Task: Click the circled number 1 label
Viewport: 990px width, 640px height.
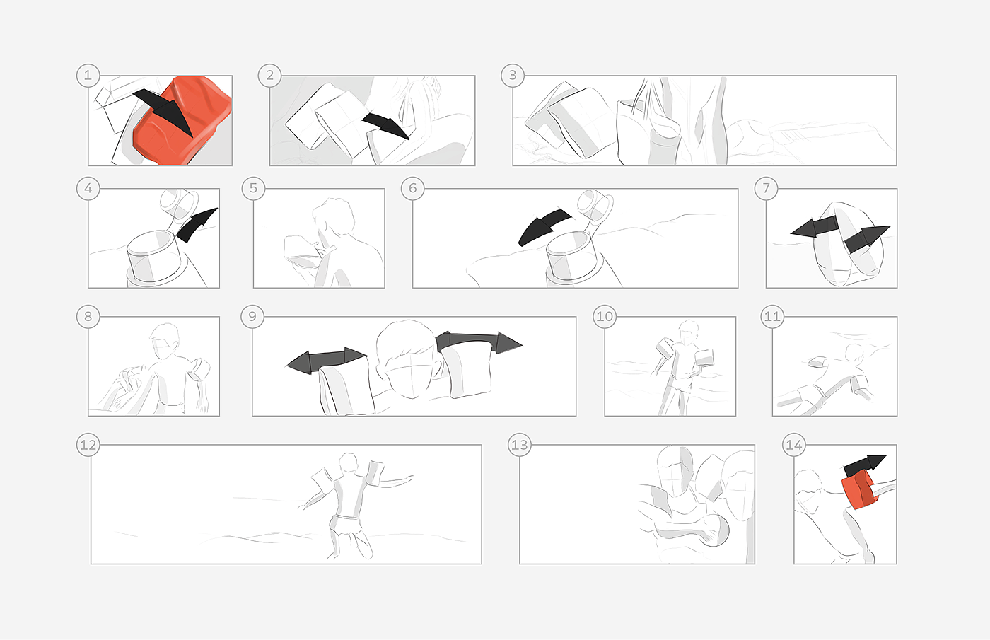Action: pyautogui.click(x=88, y=75)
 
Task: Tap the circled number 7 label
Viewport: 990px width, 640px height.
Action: pyautogui.click(x=766, y=188)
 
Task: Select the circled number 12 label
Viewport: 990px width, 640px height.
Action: pyautogui.click(x=88, y=444)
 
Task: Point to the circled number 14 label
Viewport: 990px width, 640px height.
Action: pyautogui.click(x=793, y=444)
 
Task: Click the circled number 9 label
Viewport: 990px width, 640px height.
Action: pyautogui.click(x=252, y=317)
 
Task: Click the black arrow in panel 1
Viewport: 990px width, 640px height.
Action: pyautogui.click(x=165, y=110)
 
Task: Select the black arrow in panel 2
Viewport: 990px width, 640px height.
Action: pyautogui.click(x=385, y=124)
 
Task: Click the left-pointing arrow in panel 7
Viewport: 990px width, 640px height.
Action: pyautogui.click(x=815, y=227)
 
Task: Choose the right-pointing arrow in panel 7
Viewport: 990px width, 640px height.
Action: pyautogui.click(x=866, y=239)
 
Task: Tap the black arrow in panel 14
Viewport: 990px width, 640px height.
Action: pyautogui.click(x=865, y=465)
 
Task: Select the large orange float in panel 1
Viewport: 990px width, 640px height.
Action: pyautogui.click(x=182, y=122)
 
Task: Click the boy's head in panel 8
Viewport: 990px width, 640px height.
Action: pyautogui.click(x=164, y=340)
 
